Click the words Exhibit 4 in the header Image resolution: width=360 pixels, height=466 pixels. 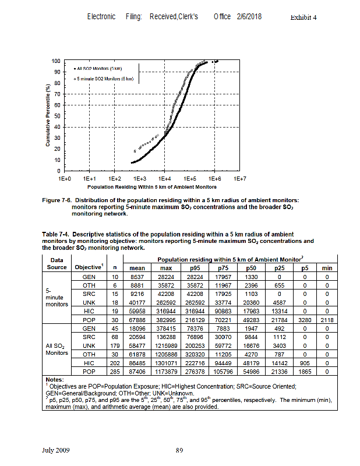pos(303,17)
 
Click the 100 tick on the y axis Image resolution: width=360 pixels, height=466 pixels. pos(56,61)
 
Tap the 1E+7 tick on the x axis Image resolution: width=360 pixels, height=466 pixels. pos(239,179)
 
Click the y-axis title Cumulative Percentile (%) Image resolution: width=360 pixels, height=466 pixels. pos(48,116)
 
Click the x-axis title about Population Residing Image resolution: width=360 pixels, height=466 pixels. pos(151,187)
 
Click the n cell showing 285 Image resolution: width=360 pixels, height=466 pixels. pos(114,371)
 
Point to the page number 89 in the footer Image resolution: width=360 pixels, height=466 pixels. pos(180,450)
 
